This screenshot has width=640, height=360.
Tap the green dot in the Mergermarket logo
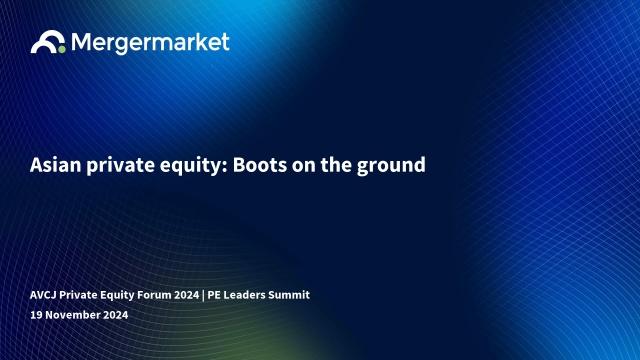click(61, 49)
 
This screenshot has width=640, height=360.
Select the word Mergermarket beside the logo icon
click(150, 42)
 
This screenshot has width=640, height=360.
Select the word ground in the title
click(391, 167)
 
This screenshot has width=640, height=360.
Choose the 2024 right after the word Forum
click(187, 295)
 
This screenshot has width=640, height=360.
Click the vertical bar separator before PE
click(203, 295)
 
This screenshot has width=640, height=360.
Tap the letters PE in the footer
click(214, 295)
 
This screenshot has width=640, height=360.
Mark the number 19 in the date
click(36, 315)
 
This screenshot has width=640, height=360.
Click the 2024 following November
click(116, 315)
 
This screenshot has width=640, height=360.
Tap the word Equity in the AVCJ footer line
click(117, 296)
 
